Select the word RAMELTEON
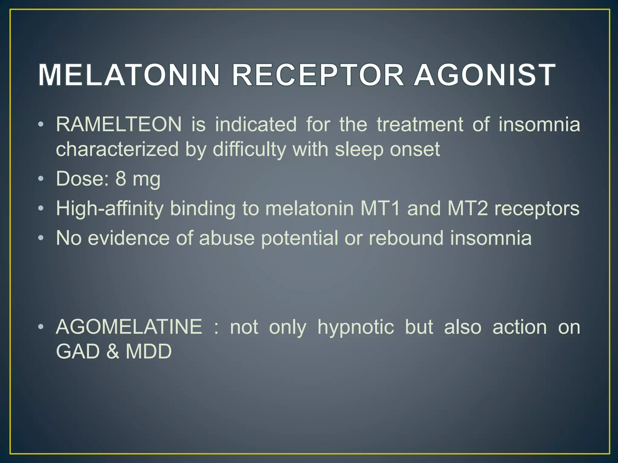(119, 124)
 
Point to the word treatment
(420, 124)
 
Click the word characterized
(117, 149)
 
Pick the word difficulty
(249, 149)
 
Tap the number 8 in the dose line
(121, 178)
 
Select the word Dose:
(82, 178)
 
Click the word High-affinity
(110, 208)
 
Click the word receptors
(537, 208)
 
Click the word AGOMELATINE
(129, 327)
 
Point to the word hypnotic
(356, 327)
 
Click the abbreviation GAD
(78, 351)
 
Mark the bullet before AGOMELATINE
(41, 327)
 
